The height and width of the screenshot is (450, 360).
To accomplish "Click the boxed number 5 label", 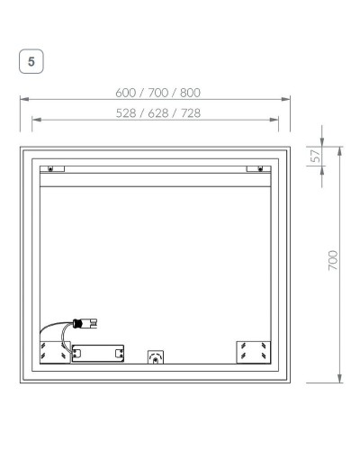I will point(32,62).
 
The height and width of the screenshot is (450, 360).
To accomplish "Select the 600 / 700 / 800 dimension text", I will point(157,93).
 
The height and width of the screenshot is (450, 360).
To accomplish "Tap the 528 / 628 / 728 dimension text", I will point(157,112).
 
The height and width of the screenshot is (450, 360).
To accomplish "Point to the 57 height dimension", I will point(317,155).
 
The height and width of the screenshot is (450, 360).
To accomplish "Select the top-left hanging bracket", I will point(52,168).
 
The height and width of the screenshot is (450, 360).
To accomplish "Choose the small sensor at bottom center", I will point(156,356).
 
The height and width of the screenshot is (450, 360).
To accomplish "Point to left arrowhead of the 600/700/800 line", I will point(23,100).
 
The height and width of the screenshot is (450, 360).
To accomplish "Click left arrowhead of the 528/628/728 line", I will point(35,119).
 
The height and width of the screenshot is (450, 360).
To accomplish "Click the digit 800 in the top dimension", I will point(189,93).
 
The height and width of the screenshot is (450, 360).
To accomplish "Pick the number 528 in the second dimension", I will point(127,112).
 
